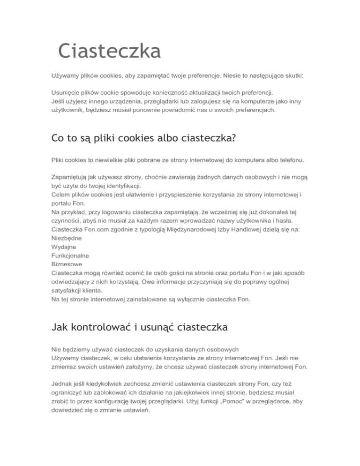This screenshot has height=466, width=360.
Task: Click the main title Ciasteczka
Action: coord(109,51)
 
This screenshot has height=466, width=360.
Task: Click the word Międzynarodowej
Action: coord(212,229)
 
